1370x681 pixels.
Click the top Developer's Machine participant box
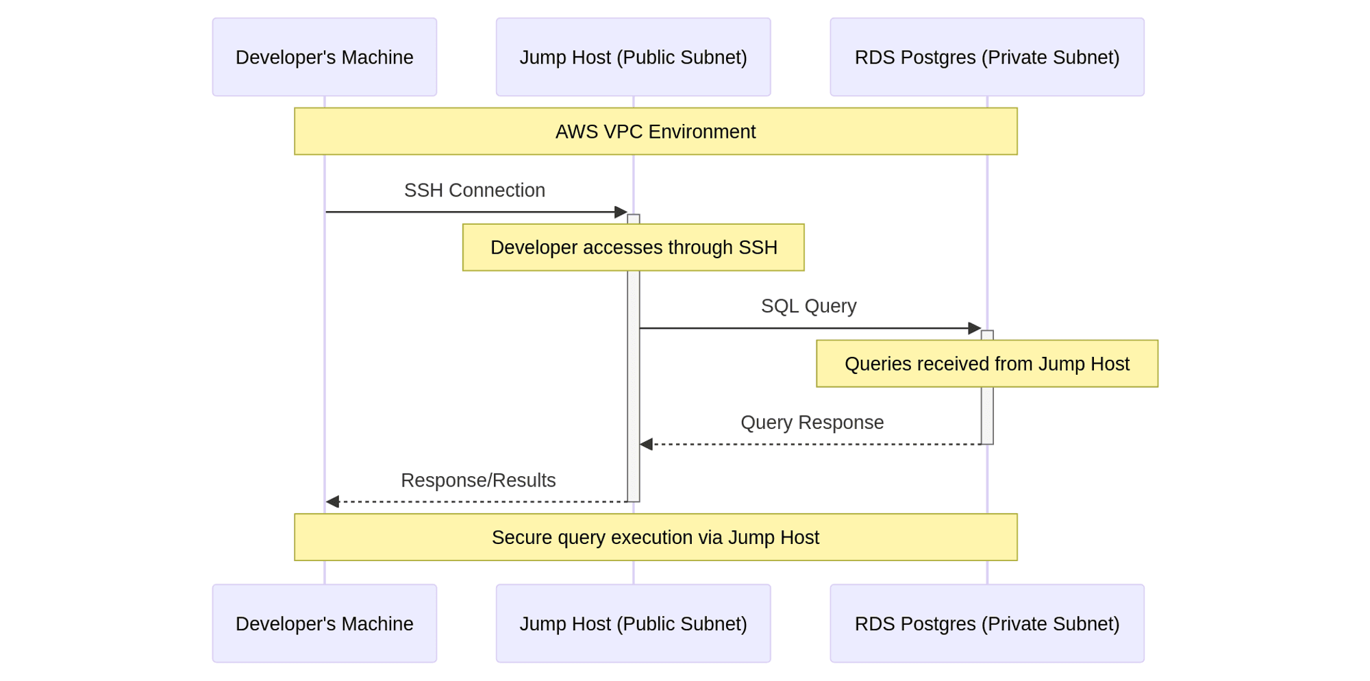[324, 57]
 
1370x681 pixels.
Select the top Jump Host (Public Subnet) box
[633, 57]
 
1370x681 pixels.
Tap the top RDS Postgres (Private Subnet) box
[986, 57]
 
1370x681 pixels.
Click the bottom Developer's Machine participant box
[324, 623]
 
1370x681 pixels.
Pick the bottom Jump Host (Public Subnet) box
[633, 623]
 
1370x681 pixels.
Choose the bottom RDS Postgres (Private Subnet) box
[986, 623]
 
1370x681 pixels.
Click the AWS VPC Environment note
[656, 131]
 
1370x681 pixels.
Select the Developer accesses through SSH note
[633, 247]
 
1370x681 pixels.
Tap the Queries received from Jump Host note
[986, 364]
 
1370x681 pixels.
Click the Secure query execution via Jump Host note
[656, 537]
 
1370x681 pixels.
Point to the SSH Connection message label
[475, 190]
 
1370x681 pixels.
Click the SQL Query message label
[808, 306]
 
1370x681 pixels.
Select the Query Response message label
[812, 423]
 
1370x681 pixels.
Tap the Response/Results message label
[478, 480]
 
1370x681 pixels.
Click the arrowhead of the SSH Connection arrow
[621, 212]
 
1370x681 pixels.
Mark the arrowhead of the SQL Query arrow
[975, 328]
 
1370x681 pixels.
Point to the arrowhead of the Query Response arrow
[646, 444]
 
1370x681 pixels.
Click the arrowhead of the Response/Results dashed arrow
[333, 502]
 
